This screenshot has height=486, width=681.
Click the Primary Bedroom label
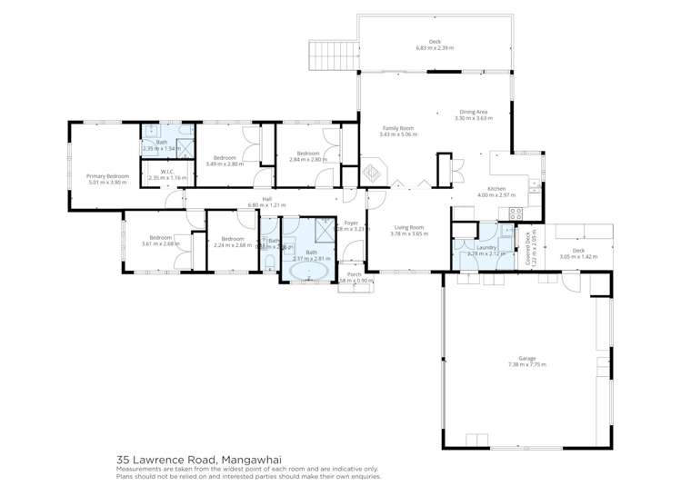tap(107, 175)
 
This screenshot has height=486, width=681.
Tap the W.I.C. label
tap(167, 172)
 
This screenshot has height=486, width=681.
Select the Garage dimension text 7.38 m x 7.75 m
tap(526, 365)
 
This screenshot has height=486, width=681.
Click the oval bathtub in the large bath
tap(309, 270)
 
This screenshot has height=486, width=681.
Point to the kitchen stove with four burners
tap(516, 215)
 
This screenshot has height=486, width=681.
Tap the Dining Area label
tap(473, 112)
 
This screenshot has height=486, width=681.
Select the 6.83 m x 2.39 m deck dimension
tap(435, 48)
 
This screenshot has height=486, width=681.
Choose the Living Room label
tap(408, 227)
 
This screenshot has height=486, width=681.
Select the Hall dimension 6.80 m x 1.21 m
tap(267, 205)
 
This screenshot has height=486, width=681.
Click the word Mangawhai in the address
tap(240, 460)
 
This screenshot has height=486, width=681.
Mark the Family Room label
tap(396, 128)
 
